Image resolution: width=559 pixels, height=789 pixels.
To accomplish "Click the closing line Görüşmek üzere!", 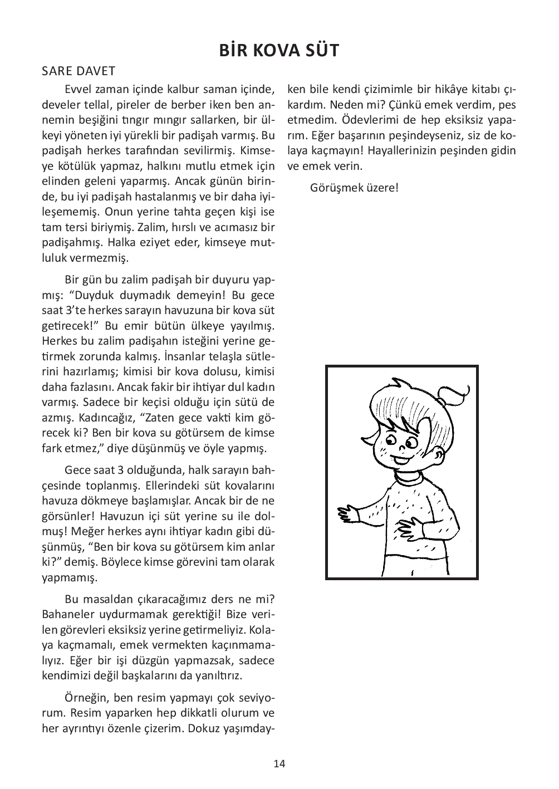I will [354, 187].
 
